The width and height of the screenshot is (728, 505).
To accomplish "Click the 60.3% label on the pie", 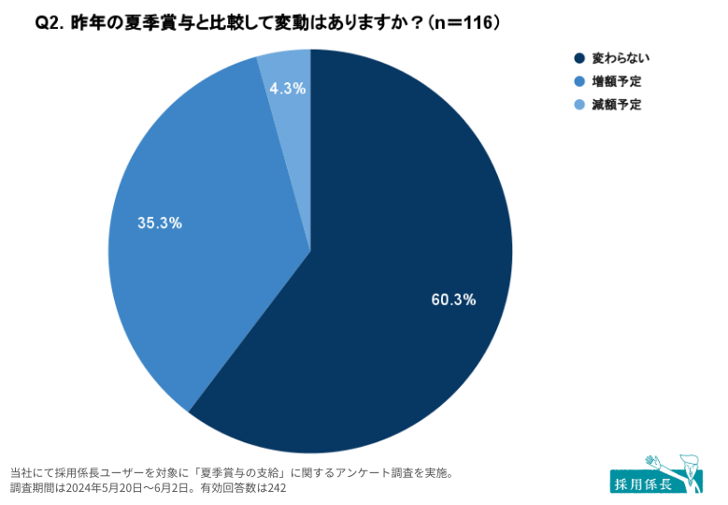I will [x=453, y=300].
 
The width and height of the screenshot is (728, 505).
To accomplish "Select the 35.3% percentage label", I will [x=160, y=224].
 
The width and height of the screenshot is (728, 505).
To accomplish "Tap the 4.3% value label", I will [x=287, y=89].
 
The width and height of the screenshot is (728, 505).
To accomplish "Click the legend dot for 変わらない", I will [x=579, y=58].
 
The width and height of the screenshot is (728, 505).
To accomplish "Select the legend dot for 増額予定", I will [x=579, y=81].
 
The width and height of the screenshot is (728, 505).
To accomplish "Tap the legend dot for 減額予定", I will [x=579, y=105].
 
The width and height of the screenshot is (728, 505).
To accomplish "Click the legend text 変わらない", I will [x=618, y=58].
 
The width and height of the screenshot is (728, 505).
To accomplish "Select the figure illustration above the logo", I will [x=678, y=468].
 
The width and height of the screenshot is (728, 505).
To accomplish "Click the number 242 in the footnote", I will [x=277, y=488].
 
